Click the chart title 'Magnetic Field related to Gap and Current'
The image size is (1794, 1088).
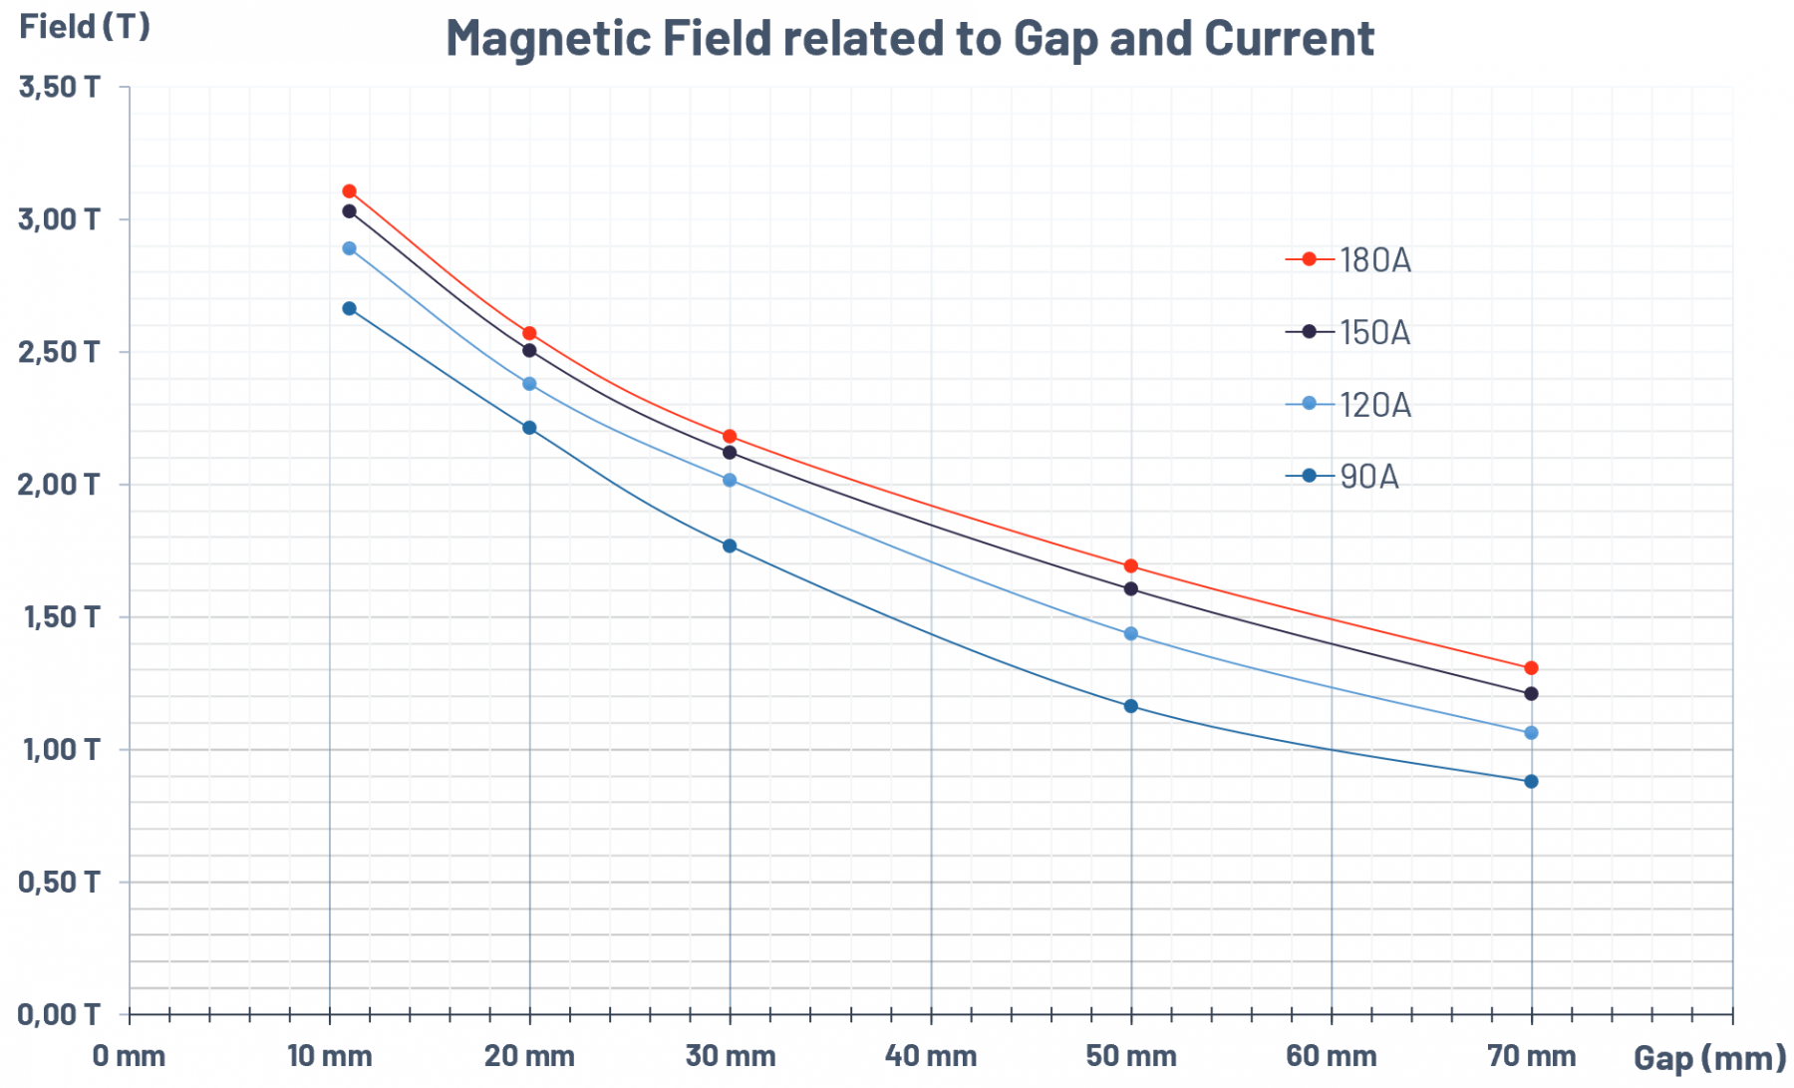pyautogui.click(x=909, y=38)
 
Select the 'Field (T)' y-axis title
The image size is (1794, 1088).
pyautogui.click(x=85, y=26)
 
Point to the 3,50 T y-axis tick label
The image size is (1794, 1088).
pyautogui.click(x=60, y=87)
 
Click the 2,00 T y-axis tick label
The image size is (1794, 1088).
pyautogui.click(x=60, y=485)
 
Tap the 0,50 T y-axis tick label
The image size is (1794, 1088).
pyautogui.click(x=60, y=882)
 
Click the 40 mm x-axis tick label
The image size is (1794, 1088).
pyautogui.click(x=931, y=1056)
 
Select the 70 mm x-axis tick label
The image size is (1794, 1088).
pyautogui.click(x=1531, y=1056)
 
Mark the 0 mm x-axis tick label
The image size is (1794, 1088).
pyautogui.click(x=129, y=1056)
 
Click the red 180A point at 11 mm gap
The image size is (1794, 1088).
pyautogui.click(x=349, y=190)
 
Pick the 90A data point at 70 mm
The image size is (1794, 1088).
pyautogui.click(x=1531, y=782)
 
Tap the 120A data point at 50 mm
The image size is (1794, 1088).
pyautogui.click(x=1130, y=634)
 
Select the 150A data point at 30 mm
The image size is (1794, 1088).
pyautogui.click(x=730, y=453)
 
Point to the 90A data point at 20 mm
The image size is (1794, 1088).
pyautogui.click(x=529, y=428)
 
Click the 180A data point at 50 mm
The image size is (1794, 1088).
pyautogui.click(x=1130, y=566)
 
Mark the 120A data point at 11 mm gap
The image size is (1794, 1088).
pyautogui.click(x=349, y=248)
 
